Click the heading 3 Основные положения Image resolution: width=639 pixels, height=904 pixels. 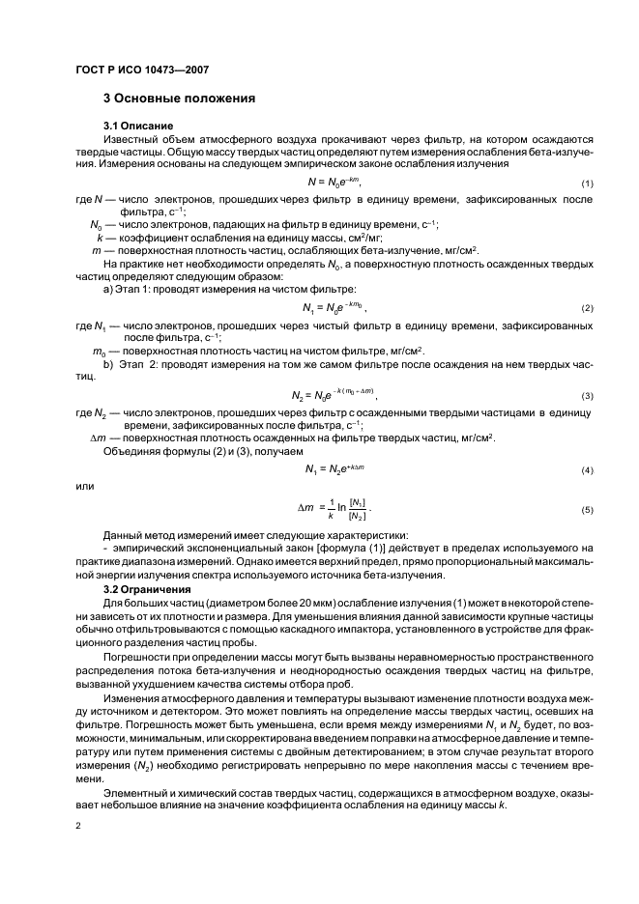(x=179, y=99)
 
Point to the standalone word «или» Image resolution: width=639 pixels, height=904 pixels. (x=85, y=486)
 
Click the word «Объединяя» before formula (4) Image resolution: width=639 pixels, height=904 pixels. (x=133, y=451)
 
